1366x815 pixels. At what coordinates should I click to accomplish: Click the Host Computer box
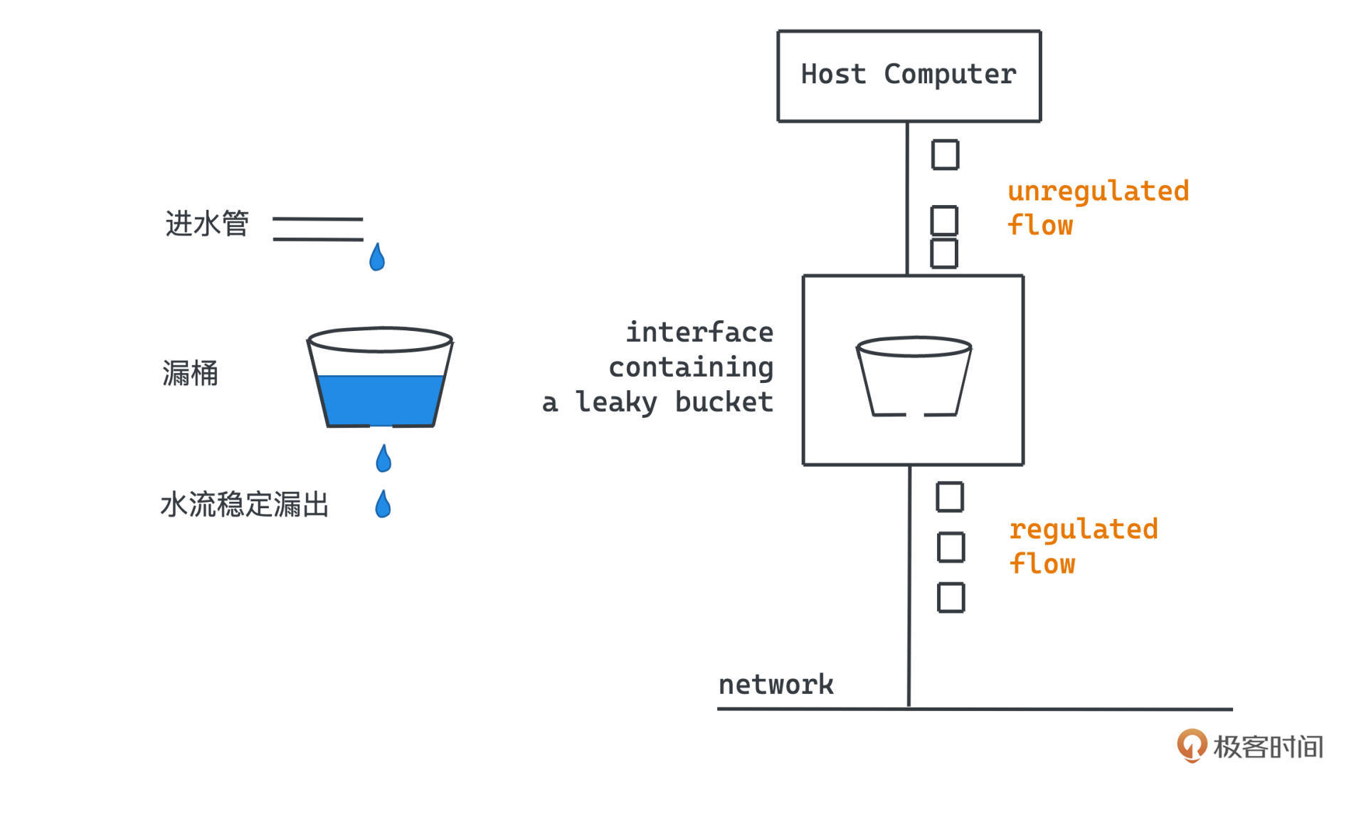pyautogui.click(x=909, y=76)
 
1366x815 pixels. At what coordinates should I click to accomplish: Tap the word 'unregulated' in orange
pyautogui.click(x=1098, y=191)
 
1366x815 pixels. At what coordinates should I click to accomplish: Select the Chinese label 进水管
pyautogui.click(x=207, y=224)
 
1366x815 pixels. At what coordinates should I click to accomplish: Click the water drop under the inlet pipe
pyautogui.click(x=377, y=258)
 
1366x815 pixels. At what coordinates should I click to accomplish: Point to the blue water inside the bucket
pyautogui.click(x=381, y=399)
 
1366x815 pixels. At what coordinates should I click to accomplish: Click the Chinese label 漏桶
pyautogui.click(x=190, y=373)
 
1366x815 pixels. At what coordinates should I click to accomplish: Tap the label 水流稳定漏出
pyautogui.click(x=244, y=505)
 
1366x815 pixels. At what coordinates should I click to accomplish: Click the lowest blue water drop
pyautogui.click(x=383, y=504)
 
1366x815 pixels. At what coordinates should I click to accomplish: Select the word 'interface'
pyautogui.click(x=699, y=332)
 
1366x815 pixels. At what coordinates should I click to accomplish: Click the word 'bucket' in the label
pyautogui.click(x=724, y=402)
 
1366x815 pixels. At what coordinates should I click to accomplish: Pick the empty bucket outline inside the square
pyautogui.click(x=914, y=376)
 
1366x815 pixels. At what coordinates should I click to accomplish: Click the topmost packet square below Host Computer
pyautogui.click(x=945, y=154)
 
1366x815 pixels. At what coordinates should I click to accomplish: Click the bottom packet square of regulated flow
pyautogui.click(x=951, y=597)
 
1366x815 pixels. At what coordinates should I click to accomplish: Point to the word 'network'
pyautogui.click(x=775, y=685)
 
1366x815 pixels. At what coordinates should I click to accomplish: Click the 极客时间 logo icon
pyautogui.click(x=1192, y=745)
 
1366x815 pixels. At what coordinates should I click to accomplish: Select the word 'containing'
pyautogui.click(x=690, y=367)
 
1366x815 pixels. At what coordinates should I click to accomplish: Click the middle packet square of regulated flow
pyautogui.click(x=951, y=547)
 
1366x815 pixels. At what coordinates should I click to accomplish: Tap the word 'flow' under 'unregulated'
pyautogui.click(x=1040, y=226)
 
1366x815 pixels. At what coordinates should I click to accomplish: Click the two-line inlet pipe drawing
pyautogui.click(x=317, y=229)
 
